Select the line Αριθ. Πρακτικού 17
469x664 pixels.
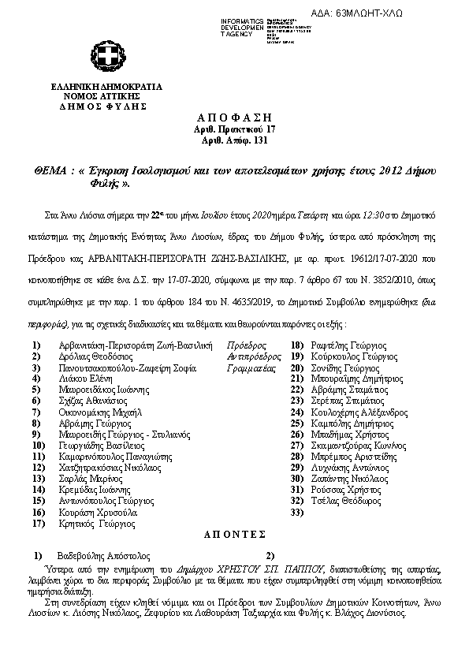pyautogui.click(x=234, y=129)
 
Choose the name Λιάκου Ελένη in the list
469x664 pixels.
pyautogui.click(x=84, y=378)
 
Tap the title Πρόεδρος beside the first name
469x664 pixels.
pyautogui.click(x=246, y=345)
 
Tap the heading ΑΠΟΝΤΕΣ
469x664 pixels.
pyautogui.click(x=234, y=533)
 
